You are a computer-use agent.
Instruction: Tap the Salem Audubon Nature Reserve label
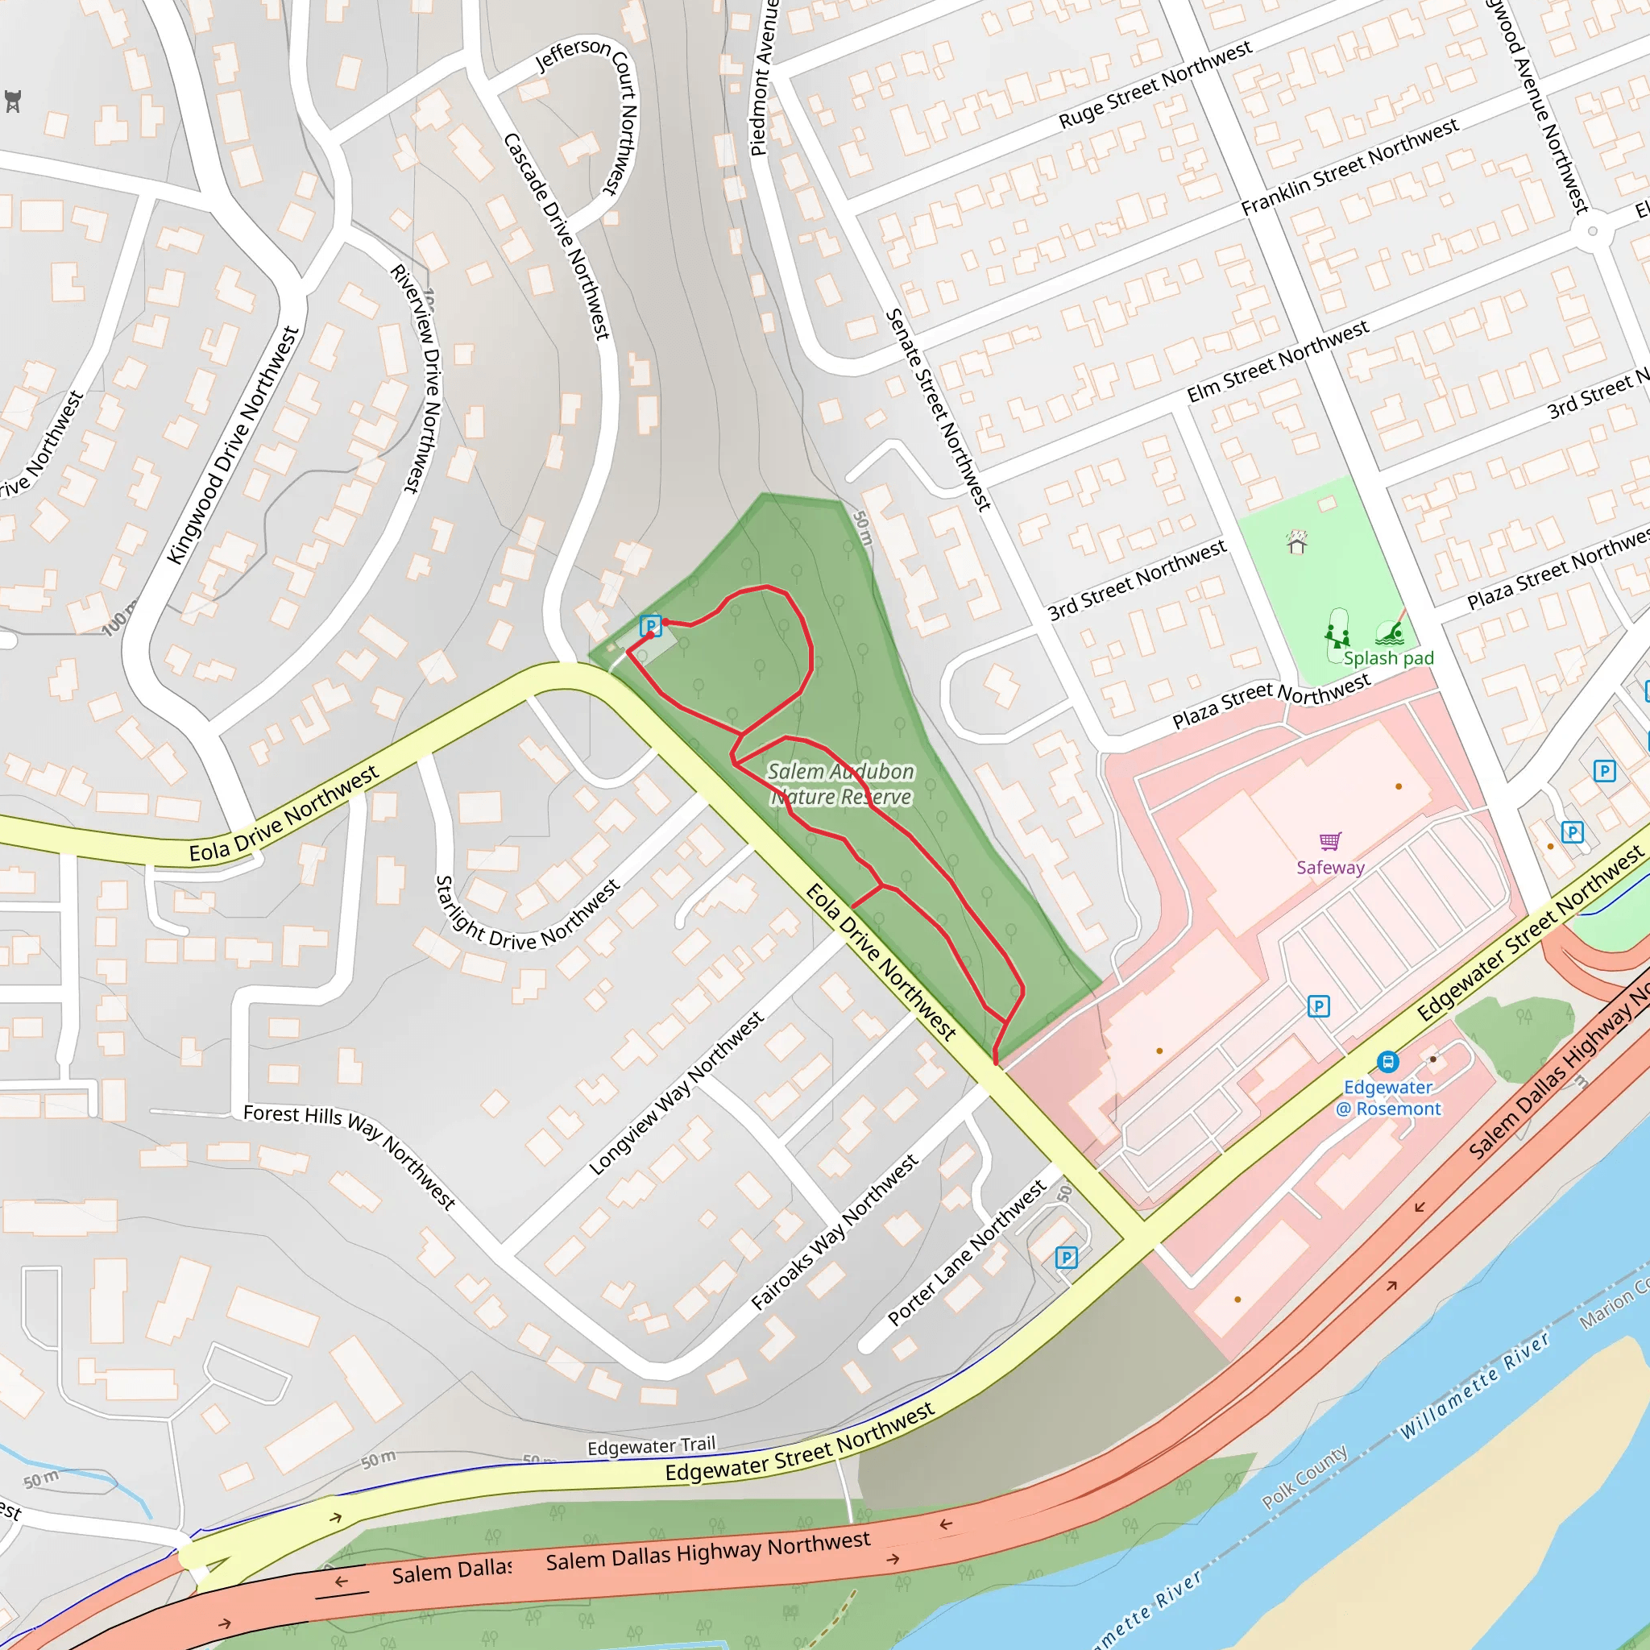point(841,784)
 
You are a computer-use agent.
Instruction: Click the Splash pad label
point(1389,658)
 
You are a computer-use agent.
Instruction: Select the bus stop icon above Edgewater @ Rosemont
point(1388,1062)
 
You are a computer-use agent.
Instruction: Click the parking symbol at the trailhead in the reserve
point(651,625)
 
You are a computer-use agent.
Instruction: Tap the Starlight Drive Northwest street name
point(527,918)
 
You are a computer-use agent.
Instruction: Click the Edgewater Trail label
point(652,1447)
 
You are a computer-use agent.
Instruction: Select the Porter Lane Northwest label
point(967,1252)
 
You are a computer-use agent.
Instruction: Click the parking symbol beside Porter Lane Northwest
point(1066,1257)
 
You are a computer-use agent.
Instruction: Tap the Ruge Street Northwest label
point(1155,85)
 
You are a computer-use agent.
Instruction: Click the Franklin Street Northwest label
point(1349,168)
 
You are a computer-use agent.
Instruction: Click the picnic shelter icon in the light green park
point(1297,543)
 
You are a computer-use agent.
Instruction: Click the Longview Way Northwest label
point(677,1094)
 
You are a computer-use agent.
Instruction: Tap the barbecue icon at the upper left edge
point(13,101)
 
